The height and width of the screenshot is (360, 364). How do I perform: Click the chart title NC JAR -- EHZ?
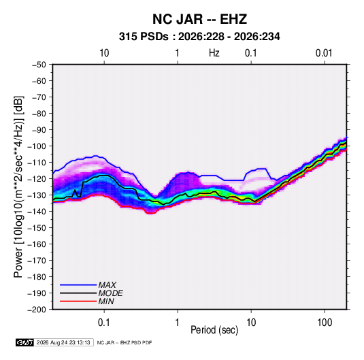199,19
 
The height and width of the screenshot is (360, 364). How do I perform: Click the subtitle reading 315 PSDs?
144,37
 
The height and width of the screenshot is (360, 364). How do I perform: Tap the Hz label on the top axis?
214,53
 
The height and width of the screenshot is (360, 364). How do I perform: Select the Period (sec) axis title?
214,330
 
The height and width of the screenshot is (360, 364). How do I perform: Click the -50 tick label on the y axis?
39,65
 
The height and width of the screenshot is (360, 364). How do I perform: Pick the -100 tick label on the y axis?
37,146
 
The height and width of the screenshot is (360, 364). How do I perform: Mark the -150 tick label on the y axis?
37,228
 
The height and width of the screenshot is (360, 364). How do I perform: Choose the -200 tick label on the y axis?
37,310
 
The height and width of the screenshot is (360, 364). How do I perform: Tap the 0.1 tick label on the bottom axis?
104,323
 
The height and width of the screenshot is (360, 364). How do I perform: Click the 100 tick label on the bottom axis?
325,323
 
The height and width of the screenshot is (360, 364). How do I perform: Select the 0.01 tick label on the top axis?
324,53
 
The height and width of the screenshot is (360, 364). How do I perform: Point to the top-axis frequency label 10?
104,53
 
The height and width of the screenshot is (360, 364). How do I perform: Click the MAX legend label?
107,285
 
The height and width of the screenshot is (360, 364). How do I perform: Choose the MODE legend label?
110,293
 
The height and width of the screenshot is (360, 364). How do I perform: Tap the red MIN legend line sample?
78,301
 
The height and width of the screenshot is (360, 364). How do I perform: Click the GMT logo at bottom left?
25,342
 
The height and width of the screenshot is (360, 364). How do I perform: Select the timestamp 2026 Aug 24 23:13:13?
63,342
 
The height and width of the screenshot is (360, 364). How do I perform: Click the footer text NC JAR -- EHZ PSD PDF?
125,342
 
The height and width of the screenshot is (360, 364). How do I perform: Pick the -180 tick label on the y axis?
37,277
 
